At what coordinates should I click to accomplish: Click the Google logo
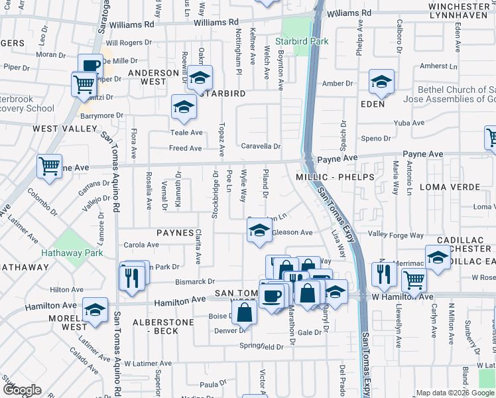[x=22, y=390]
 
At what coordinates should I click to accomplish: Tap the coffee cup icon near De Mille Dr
[x=90, y=66]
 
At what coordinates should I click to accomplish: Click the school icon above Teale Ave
[x=184, y=107]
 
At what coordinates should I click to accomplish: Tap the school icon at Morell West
[x=95, y=310]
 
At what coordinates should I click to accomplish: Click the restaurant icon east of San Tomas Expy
[x=384, y=273]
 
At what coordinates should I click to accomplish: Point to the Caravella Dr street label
[x=261, y=147]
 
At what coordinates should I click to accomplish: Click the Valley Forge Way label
[x=396, y=235]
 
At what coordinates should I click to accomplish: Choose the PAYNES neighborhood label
[x=174, y=233]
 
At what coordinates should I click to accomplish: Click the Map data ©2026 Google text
[x=454, y=392]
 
